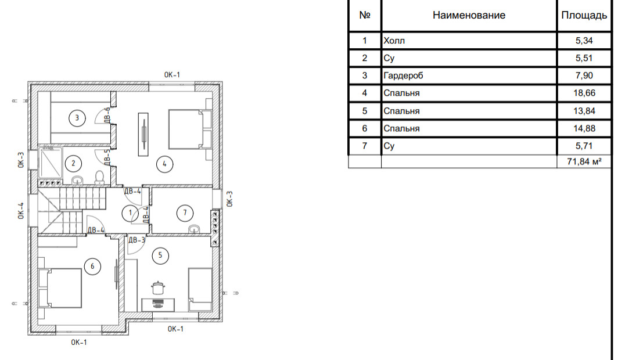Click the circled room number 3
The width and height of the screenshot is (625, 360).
(77, 118)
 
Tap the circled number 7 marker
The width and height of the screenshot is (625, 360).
(185, 213)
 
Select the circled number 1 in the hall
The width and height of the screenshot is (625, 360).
(130, 213)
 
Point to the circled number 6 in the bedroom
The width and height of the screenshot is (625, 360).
(92, 267)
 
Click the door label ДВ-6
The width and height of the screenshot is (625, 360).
(107, 115)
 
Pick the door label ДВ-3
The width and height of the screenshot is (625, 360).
(137, 240)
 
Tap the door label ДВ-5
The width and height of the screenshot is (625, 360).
(107, 157)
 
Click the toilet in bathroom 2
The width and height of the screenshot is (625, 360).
(100, 178)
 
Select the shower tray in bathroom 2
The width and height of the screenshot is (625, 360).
(51, 163)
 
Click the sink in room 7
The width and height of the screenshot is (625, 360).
(194, 229)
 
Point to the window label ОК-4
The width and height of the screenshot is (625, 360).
(21, 211)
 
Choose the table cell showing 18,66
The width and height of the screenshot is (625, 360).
(584, 93)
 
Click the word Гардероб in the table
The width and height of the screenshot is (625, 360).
(403, 75)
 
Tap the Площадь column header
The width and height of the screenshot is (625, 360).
(584, 15)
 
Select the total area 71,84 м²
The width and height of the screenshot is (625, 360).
(584, 161)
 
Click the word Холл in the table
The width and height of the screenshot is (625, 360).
(394, 40)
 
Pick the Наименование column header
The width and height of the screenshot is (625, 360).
(469, 15)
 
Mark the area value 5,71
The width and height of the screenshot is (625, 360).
(584, 146)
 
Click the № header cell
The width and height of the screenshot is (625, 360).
(365, 15)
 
